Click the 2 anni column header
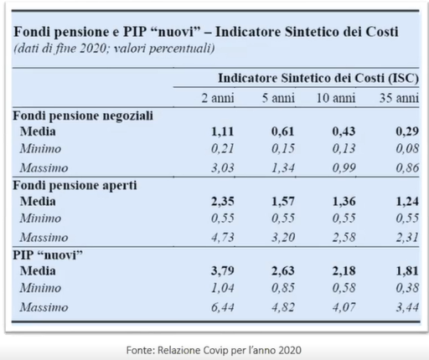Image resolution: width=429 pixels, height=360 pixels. click(x=218, y=98)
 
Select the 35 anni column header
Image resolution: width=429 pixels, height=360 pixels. click(x=399, y=98)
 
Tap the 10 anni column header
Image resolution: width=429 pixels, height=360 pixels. click(x=336, y=98)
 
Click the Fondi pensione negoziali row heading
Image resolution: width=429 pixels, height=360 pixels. click(x=83, y=116)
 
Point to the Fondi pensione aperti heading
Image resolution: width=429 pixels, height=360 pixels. click(x=75, y=185)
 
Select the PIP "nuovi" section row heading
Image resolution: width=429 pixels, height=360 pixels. click(x=48, y=255)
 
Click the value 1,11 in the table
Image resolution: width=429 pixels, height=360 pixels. click(x=222, y=131)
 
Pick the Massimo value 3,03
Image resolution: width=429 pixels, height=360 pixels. click(x=222, y=167)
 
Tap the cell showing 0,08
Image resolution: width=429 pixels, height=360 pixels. click(x=407, y=148)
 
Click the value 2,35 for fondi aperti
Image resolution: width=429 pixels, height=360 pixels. click(x=222, y=201)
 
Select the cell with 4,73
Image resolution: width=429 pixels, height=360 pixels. click(x=222, y=237)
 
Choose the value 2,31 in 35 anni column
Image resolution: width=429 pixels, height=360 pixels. click(x=407, y=237)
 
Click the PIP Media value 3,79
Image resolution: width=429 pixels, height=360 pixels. click(x=222, y=270)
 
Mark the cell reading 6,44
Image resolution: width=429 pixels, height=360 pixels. click(x=222, y=307)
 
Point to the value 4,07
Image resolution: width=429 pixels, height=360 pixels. click(x=344, y=307)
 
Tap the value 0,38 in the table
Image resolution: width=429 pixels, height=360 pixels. click(x=407, y=288)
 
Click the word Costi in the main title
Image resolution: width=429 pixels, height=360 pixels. click(x=382, y=32)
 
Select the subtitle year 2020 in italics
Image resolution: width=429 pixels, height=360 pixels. click(x=93, y=49)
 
